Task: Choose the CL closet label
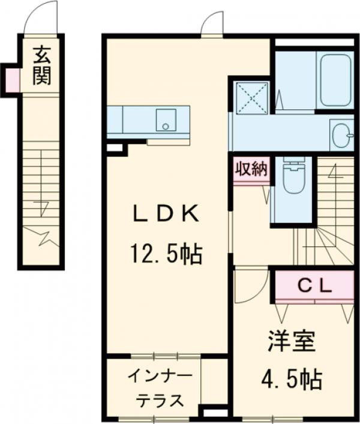click(x=315, y=287)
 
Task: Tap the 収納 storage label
click(x=251, y=170)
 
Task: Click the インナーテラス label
click(x=160, y=389)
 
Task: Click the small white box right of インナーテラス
click(x=214, y=413)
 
